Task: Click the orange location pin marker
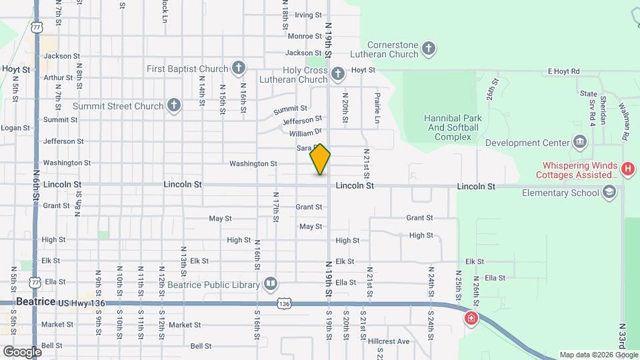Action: click(x=320, y=159)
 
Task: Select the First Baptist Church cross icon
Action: click(x=239, y=69)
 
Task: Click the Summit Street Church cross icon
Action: click(x=174, y=105)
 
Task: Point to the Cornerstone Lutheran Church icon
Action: click(x=429, y=48)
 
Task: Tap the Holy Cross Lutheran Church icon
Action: click(x=338, y=73)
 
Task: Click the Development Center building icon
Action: click(x=579, y=142)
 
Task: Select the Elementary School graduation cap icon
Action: click(x=609, y=193)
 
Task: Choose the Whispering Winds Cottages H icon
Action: click(x=627, y=169)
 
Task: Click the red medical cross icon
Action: click(x=472, y=319)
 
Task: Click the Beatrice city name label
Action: click(x=35, y=301)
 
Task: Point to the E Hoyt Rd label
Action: click(x=564, y=71)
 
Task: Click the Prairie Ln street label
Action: click(x=377, y=107)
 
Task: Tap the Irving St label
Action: click(x=308, y=15)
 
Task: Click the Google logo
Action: click(x=22, y=351)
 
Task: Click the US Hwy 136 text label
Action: click(x=82, y=303)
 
